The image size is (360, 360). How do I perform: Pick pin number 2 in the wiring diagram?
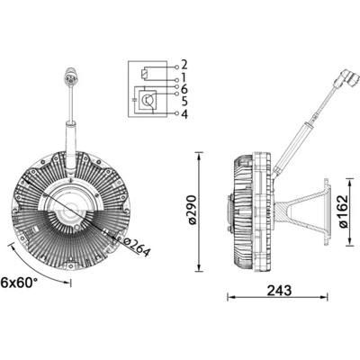(x=184, y=65)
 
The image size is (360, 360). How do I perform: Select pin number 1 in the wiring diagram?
(x=184, y=77)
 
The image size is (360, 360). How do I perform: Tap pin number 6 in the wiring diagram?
(x=184, y=89)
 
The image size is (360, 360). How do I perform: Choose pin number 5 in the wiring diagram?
(x=184, y=101)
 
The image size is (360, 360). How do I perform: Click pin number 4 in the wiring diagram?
(x=184, y=113)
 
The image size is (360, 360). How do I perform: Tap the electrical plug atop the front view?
(x=69, y=76)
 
